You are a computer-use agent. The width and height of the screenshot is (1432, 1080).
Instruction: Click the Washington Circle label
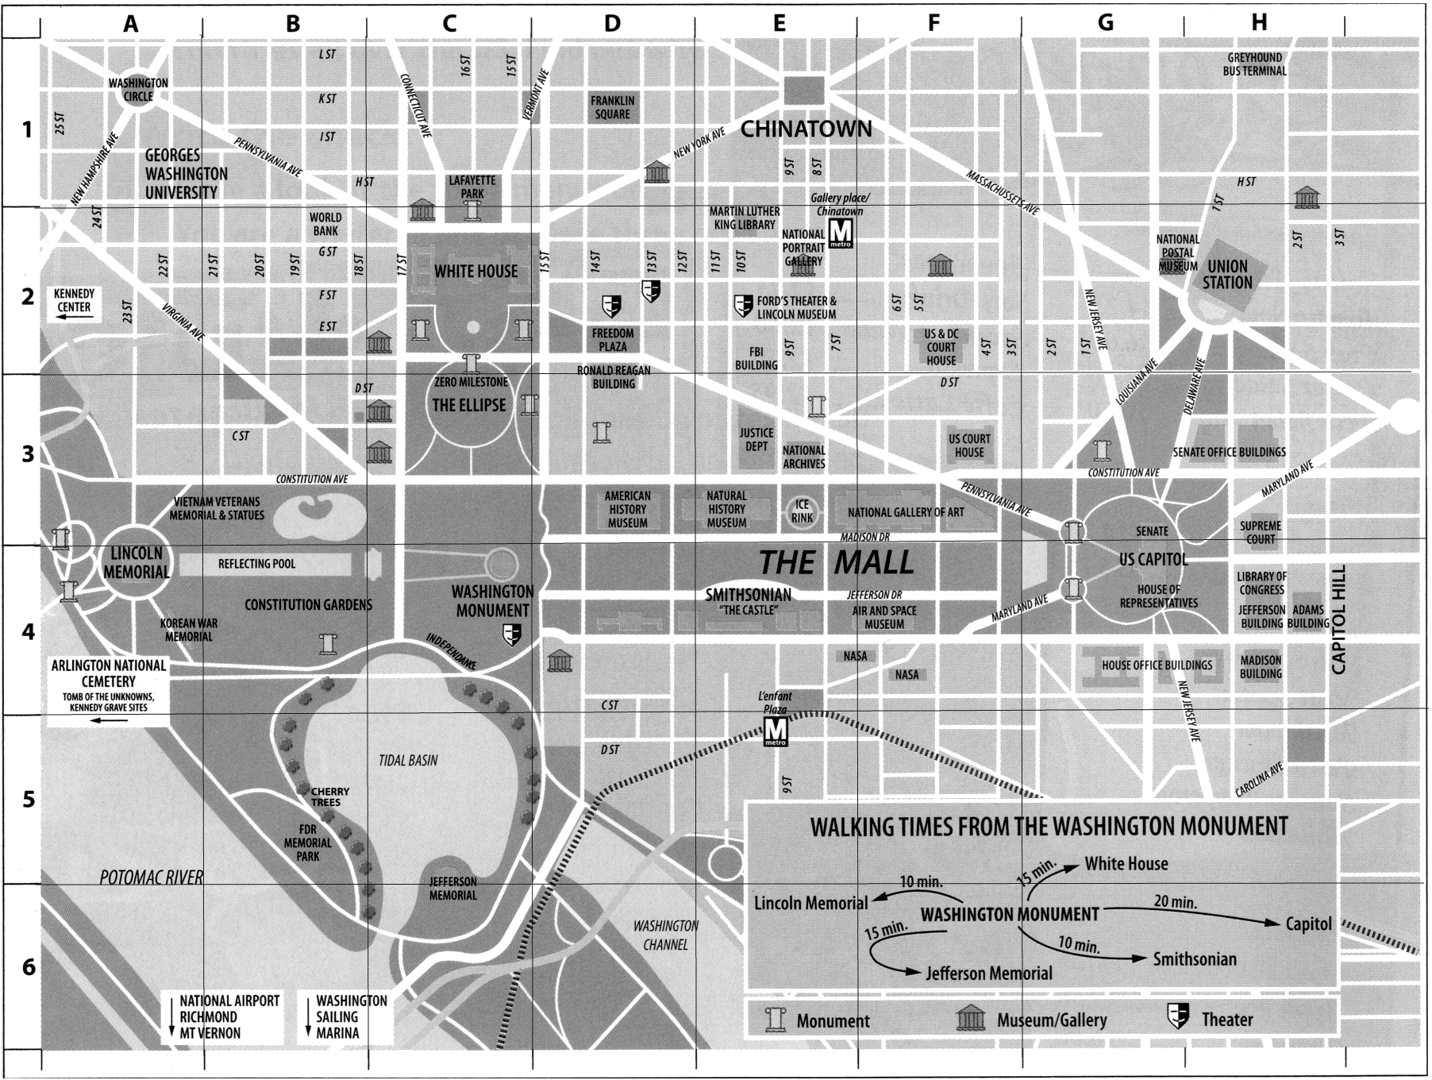(x=138, y=90)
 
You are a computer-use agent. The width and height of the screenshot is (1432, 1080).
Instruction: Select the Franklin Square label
(x=612, y=107)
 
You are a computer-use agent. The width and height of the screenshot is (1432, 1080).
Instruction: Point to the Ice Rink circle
(x=802, y=511)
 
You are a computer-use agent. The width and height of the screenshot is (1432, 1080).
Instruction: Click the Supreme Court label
(x=1260, y=532)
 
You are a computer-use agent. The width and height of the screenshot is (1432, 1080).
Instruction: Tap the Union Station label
(x=1227, y=274)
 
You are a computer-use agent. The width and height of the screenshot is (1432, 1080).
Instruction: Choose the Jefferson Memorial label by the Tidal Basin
(x=453, y=888)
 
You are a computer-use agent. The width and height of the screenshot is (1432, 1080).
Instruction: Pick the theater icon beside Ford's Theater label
(x=743, y=305)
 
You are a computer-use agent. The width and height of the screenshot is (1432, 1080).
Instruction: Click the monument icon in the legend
(x=774, y=1020)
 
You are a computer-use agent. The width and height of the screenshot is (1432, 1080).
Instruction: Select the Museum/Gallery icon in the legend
(x=972, y=1019)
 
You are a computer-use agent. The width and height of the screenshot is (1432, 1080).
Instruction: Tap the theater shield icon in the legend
(x=1178, y=1017)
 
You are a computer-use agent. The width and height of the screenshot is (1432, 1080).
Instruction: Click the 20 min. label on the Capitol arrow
(x=1175, y=902)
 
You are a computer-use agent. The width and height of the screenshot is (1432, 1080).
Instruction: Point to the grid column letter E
(x=779, y=24)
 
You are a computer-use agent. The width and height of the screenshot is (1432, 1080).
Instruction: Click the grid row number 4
(x=28, y=632)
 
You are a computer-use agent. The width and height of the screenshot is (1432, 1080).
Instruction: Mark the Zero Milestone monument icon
(x=473, y=364)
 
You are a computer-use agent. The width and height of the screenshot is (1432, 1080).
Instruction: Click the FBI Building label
(x=756, y=358)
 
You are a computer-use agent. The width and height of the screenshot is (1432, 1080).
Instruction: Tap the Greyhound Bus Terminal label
(x=1254, y=64)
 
